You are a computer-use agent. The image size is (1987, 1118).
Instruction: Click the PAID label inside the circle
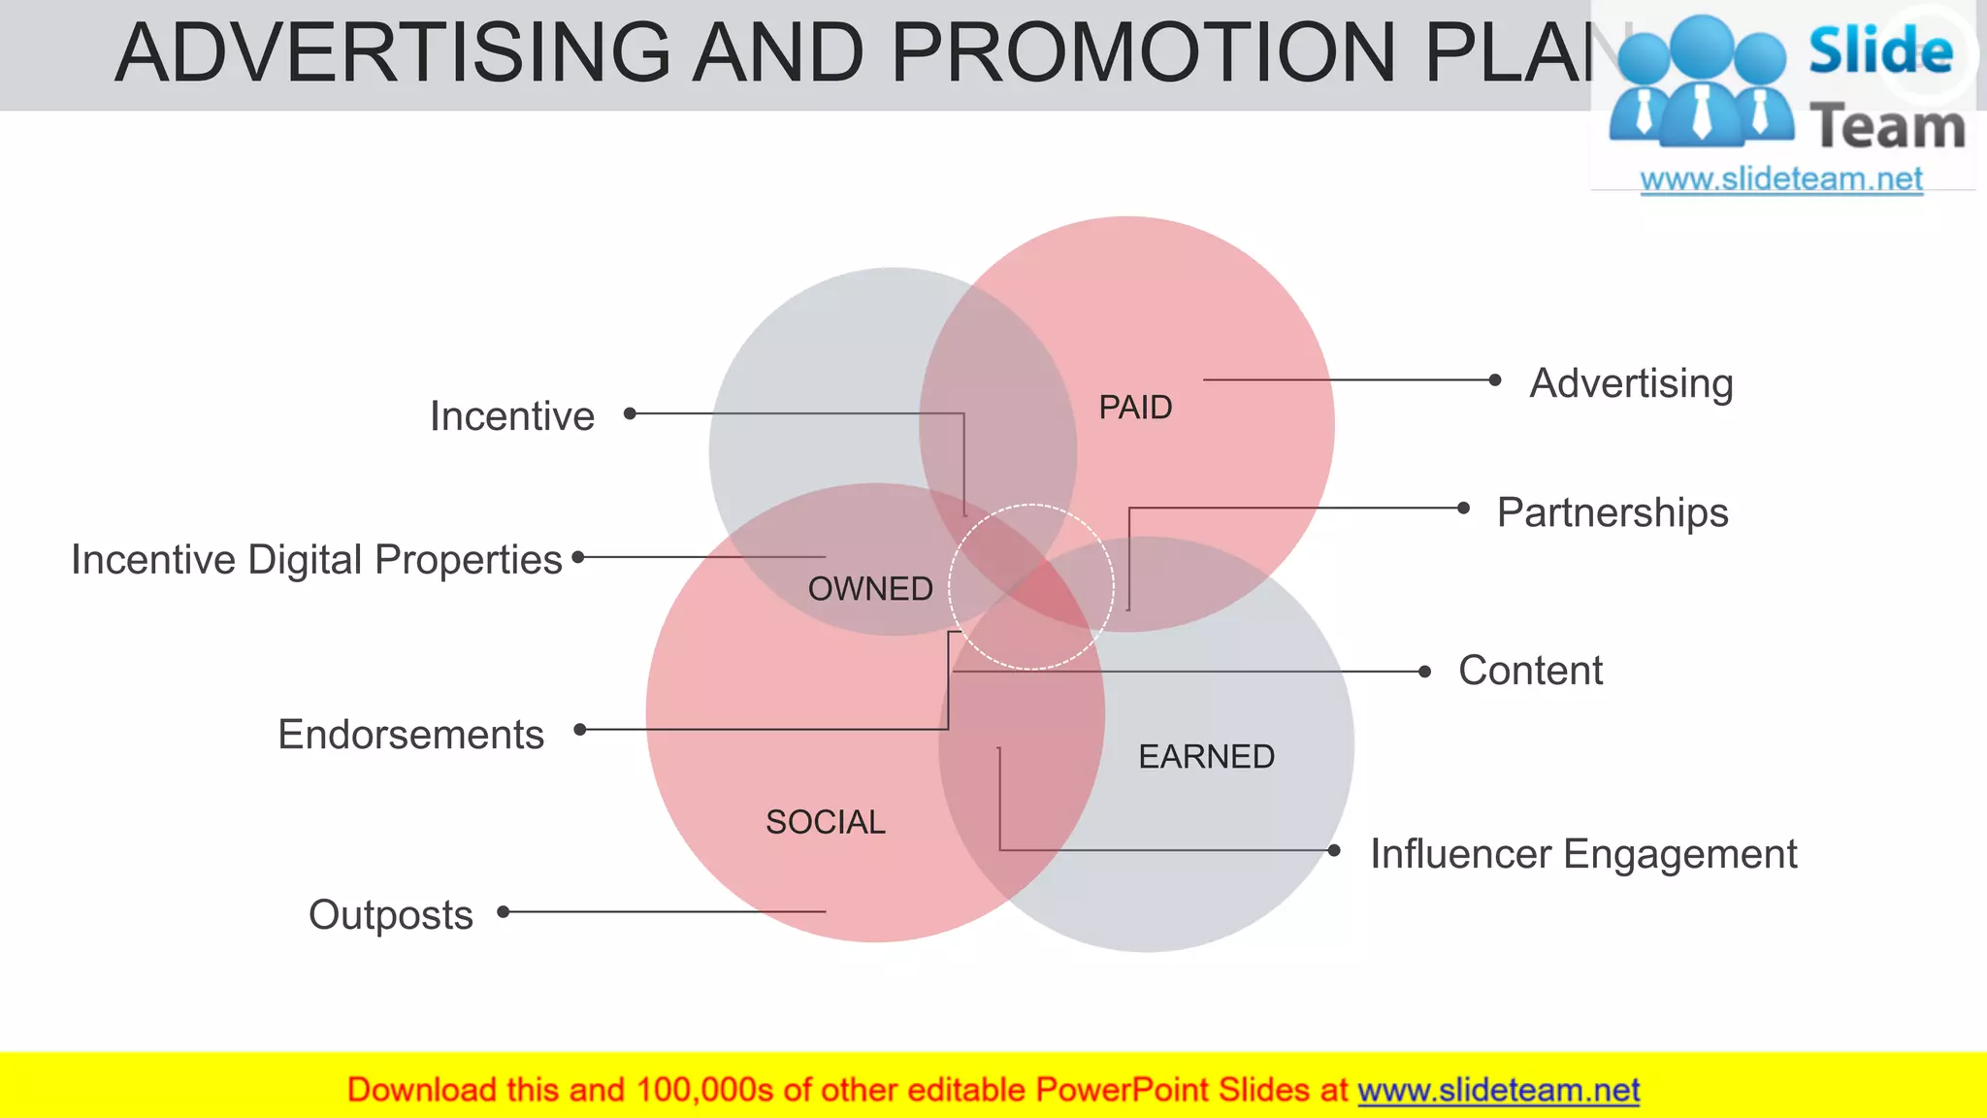[1135, 408]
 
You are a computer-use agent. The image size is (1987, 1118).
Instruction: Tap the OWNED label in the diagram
[870, 589]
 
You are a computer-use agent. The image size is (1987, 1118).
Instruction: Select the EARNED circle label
[1206, 757]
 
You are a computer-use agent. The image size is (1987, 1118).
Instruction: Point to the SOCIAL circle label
[826, 823]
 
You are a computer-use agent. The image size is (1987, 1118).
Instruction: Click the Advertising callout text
[1631, 383]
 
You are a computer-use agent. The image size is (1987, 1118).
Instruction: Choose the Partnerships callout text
[1612, 512]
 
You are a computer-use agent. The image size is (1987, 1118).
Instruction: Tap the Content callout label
[1530, 671]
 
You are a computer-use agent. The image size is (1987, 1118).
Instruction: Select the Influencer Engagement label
[1582, 854]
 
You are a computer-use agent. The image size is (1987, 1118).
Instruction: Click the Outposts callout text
[391, 915]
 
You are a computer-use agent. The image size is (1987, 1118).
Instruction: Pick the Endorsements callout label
[410, 735]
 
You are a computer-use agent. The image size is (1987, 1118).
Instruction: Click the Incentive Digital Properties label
[316, 560]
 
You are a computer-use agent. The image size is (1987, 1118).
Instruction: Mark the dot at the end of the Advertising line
[1495, 380]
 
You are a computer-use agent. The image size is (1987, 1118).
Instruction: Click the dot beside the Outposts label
[504, 911]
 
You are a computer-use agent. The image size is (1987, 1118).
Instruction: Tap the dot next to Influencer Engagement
[1334, 850]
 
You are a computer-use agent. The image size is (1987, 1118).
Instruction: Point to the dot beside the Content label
[1424, 672]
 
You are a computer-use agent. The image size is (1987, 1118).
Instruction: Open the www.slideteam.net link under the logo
[1780, 180]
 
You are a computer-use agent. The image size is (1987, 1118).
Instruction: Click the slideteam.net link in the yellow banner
[1498, 1091]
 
